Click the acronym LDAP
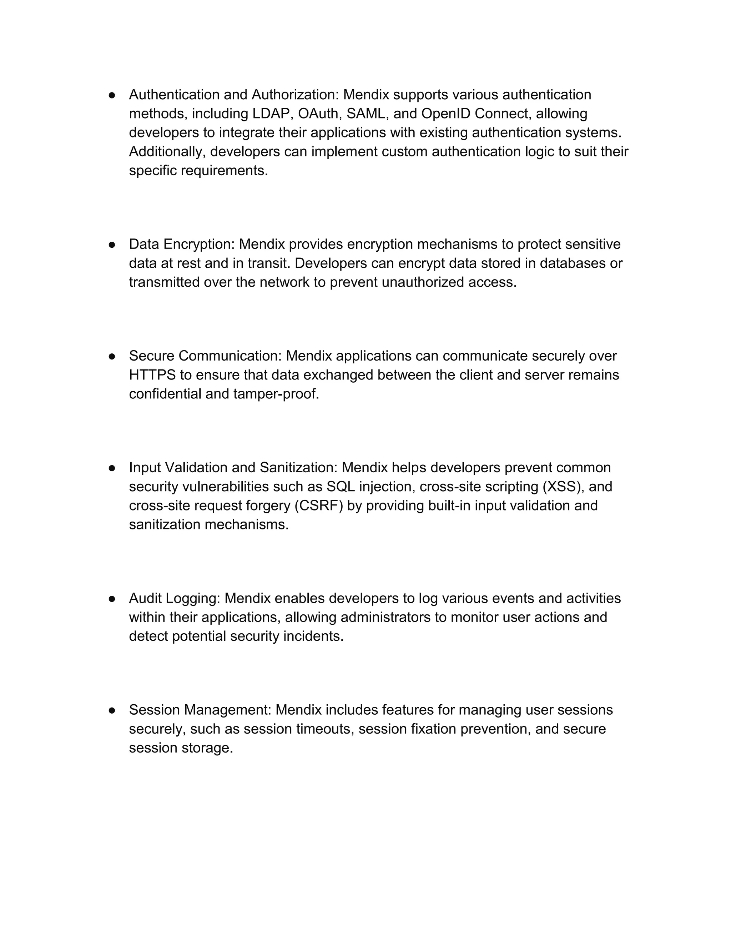tap(270, 114)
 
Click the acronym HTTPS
tap(152, 375)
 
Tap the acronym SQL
tap(341, 487)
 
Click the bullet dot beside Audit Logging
tap(112, 599)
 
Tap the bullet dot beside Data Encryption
tap(112, 245)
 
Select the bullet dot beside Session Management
tap(112, 710)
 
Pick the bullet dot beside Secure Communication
tap(112, 356)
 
